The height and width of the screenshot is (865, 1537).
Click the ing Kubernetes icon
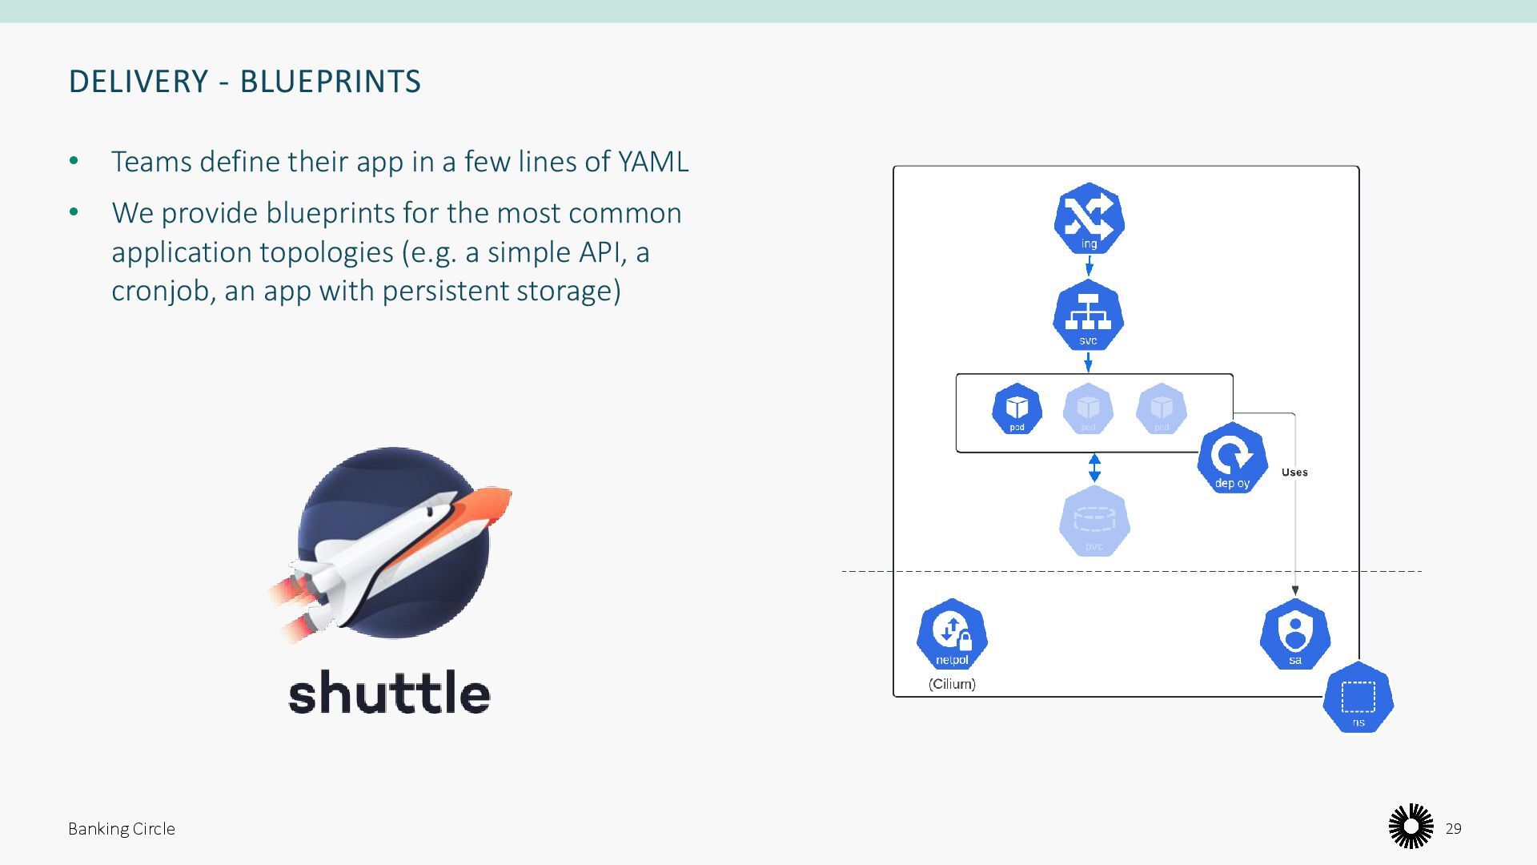1089,219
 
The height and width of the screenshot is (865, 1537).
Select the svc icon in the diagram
1088,316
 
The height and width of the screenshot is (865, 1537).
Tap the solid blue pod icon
1017,409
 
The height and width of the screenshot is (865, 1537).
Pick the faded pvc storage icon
1094,521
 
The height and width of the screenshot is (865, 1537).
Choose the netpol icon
952,634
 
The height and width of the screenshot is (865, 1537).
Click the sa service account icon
1294,634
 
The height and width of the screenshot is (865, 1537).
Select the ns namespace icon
1358,698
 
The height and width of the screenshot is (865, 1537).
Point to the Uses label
1294,473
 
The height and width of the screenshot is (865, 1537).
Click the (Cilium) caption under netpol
952,684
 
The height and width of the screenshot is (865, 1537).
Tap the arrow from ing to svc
1089,266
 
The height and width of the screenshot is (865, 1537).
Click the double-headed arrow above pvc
1094,468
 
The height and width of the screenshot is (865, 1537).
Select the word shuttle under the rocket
389,693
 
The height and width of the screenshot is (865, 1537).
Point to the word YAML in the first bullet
653,162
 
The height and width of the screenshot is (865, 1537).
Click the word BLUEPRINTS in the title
331,82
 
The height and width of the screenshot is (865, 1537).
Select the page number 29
1454,829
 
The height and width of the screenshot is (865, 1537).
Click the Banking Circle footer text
122,829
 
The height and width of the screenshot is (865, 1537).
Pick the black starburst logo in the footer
1411,827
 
